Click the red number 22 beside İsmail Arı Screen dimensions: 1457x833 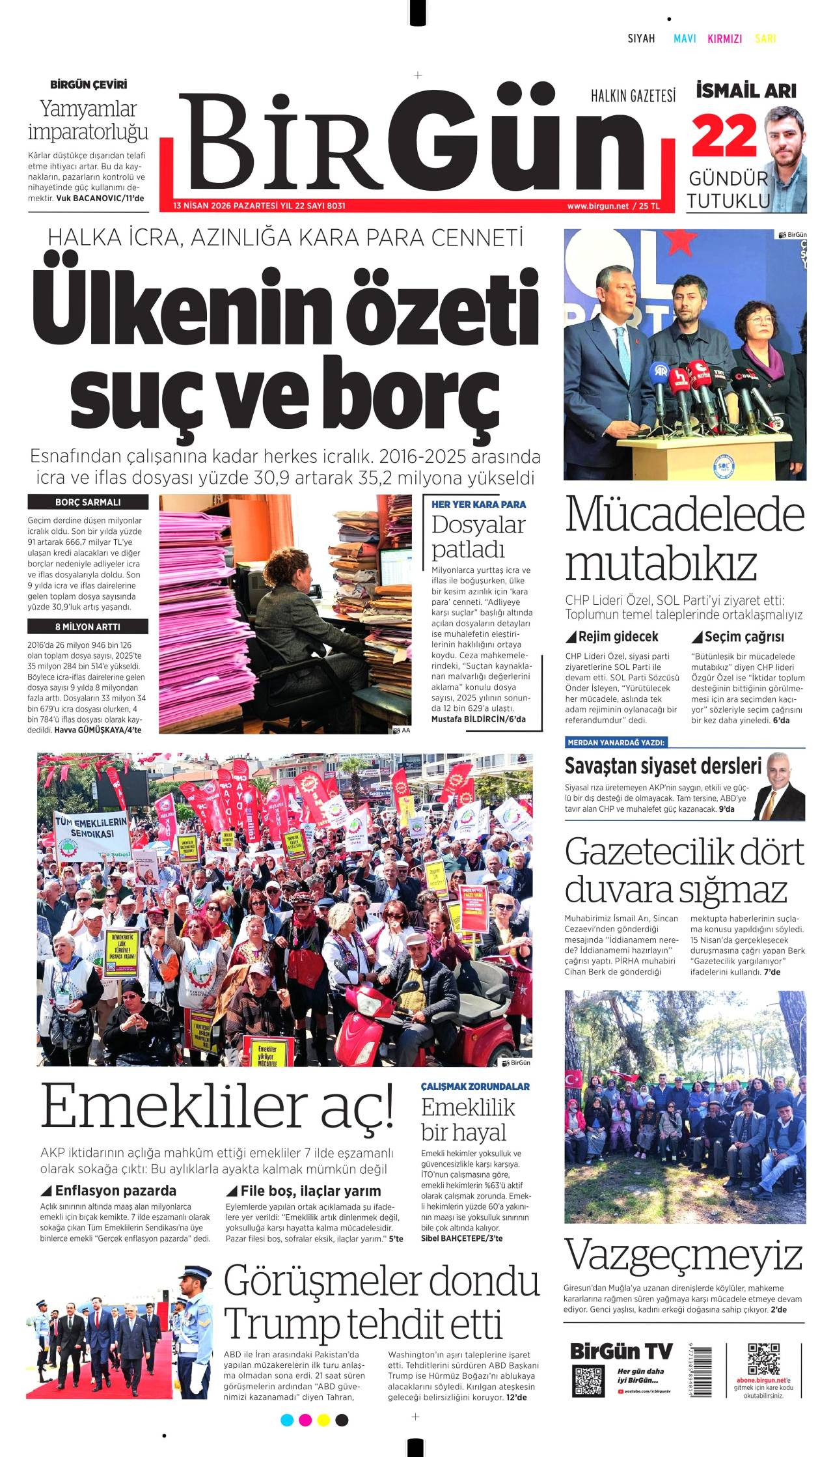coord(724,136)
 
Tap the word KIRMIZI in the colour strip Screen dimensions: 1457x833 coord(724,38)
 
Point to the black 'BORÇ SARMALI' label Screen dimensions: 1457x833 coord(88,503)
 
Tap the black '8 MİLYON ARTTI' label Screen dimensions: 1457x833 coord(88,627)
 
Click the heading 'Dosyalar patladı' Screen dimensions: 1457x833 coord(478,536)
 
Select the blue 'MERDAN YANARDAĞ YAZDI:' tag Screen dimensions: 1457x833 coord(616,742)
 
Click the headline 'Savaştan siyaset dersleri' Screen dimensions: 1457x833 coord(662,766)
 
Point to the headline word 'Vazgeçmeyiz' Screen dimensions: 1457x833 coord(683,1255)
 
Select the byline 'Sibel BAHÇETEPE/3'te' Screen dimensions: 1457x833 coord(461,1238)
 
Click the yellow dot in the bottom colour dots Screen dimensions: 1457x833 coord(323,1419)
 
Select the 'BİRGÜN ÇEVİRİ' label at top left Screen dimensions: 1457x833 coord(89,85)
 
